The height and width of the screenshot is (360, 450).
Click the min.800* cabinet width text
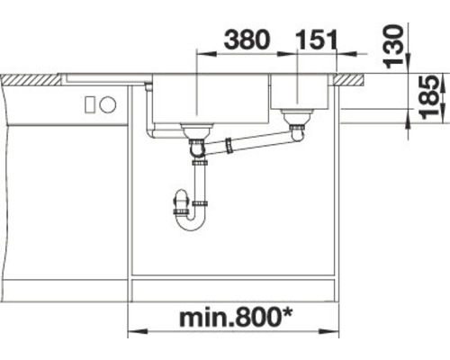tap(237, 318)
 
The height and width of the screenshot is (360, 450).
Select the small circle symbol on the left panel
tap(108, 104)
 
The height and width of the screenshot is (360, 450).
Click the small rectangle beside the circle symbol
tap(90, 104)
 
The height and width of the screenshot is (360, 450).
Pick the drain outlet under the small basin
tap(294, 116)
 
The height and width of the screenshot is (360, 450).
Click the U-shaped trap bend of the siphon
tap(190, 221)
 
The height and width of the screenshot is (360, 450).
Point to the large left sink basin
tap(209, 99)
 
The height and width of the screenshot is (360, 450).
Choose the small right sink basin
tap(302, 94)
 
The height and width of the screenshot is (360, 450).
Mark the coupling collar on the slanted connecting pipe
tap(232, 143)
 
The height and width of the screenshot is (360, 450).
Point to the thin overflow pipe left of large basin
tap(148, 112)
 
